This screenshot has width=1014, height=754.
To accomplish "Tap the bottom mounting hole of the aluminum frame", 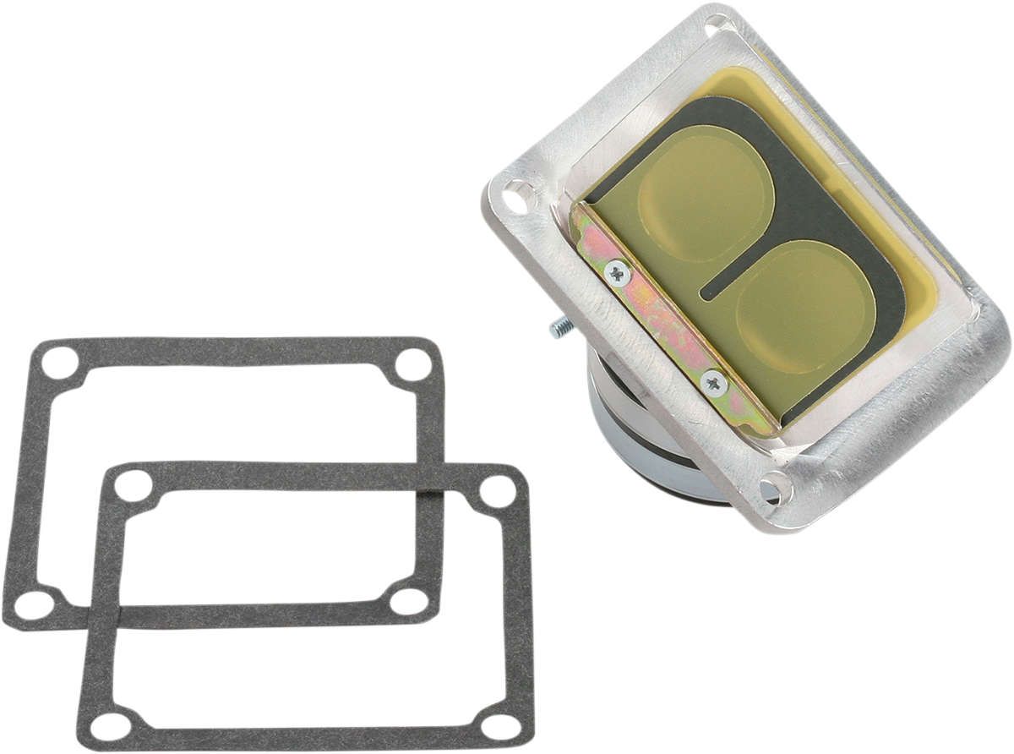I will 771,487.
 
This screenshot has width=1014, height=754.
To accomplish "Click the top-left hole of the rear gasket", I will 61,360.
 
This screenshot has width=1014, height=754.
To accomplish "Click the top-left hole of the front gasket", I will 128,484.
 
